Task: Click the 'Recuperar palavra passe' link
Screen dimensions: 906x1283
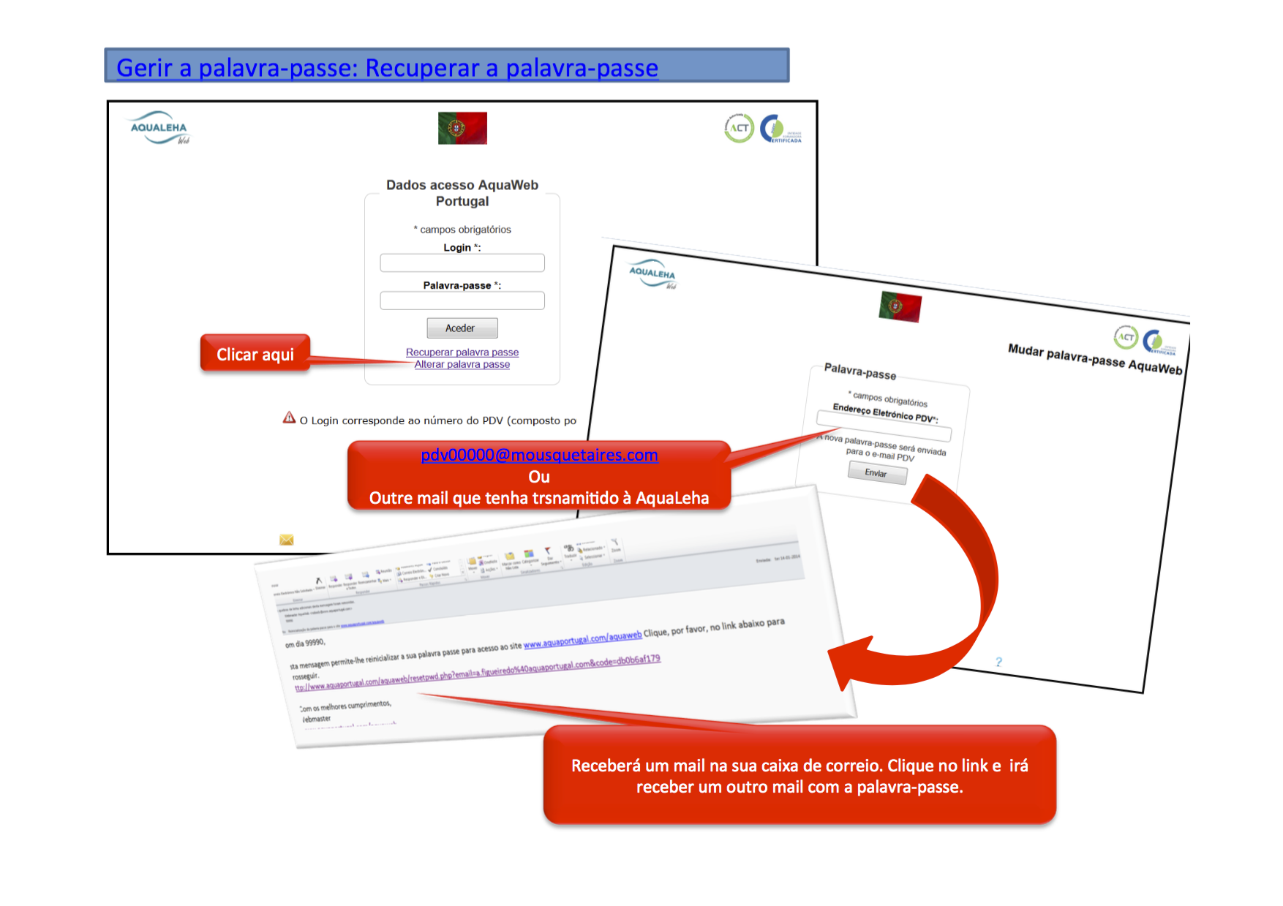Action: tap(462, 352)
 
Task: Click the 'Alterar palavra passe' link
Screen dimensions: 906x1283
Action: tap(462, 365)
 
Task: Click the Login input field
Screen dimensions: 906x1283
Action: tap(462, 263)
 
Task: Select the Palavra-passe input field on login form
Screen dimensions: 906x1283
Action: tap(462, 301)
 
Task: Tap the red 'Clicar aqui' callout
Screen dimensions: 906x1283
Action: tap(255, 355)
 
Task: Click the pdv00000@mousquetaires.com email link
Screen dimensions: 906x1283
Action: tap(539, 455)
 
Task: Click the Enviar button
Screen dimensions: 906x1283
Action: tap(877, 474)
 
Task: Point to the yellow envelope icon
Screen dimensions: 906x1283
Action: tap(287, 540)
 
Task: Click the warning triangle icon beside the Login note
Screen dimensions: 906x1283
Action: tap(290, 418)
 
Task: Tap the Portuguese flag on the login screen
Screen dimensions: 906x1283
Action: tap(462, 128)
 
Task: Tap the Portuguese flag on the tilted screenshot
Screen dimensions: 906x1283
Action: tap(900, 306)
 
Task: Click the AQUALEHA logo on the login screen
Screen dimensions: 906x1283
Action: tap(159, 128)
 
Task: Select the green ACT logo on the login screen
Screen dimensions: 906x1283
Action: tap(739, 128)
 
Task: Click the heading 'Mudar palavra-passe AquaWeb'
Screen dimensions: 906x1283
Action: tap(1094, 359)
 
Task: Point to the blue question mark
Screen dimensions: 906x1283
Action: tap(998, 662)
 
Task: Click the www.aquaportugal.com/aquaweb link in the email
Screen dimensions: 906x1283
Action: tap(582, 640)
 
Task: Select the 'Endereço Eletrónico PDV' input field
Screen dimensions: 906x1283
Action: tap(884, 426)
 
